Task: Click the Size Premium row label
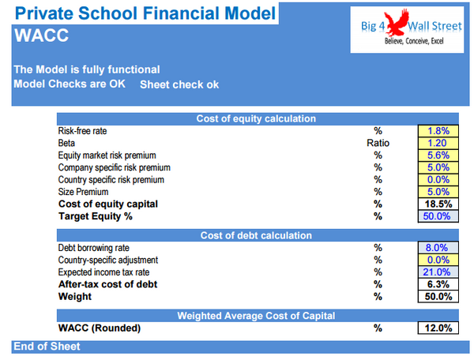point(85,192)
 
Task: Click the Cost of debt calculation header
point(256,235)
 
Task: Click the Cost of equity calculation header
point(256,118)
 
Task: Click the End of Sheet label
point(47,347)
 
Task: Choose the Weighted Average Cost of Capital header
point(256,316)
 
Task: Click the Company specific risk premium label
point(114,167)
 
